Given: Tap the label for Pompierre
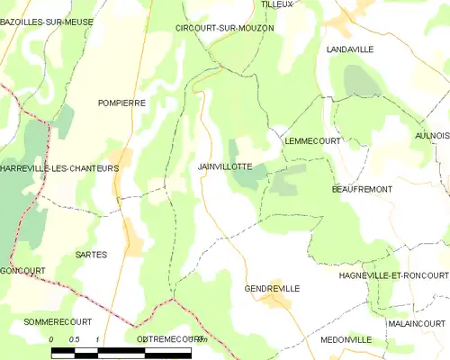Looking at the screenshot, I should [121, 103].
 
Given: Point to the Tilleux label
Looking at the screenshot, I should [276, 4].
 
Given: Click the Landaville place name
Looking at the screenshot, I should [350, 49].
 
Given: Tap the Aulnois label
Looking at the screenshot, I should [433, 135].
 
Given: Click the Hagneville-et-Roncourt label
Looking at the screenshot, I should [393, 275].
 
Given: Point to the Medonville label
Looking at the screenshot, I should [346, 339].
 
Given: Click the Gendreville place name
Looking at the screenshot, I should [272, 288].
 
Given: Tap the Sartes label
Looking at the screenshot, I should [91, 255].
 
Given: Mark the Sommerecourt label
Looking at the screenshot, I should [49, 321].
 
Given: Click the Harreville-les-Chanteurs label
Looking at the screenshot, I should [60, 168].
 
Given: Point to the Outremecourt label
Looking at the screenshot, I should [168, 339].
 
